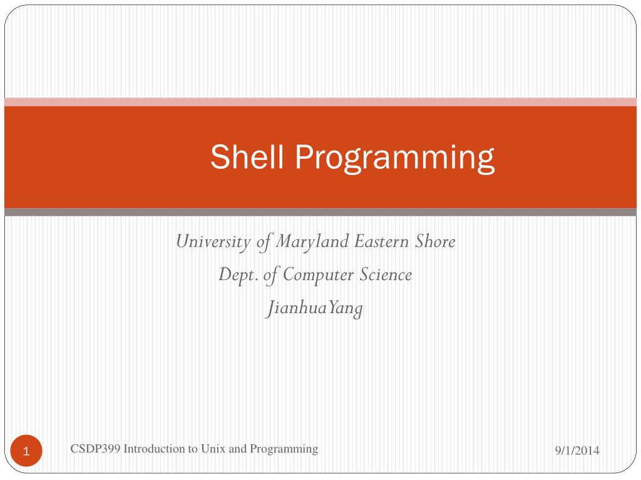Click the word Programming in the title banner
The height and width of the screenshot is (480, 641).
[395, 157]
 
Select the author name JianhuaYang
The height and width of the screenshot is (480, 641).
[315, 309]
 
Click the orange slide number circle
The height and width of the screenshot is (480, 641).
[26, 451]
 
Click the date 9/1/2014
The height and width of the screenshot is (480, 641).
[577, 451]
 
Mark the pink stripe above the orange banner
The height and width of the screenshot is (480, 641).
[320, 102]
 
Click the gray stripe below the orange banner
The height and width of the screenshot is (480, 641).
[320, 212]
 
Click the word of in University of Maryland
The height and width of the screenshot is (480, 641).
[264, 242]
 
